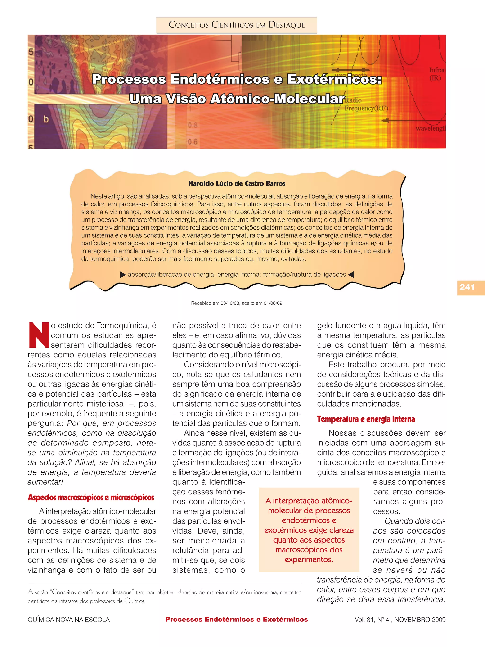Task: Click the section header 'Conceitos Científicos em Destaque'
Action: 237,25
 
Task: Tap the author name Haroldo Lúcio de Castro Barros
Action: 237,183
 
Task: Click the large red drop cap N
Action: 39,335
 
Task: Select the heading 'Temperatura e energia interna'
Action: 366,419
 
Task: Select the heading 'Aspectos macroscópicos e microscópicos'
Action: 91,497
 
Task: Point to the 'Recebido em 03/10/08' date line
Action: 237,303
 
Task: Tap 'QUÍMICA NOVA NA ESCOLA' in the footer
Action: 69,620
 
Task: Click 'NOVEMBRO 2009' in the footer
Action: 420,620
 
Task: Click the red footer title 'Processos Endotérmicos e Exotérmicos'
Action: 237,619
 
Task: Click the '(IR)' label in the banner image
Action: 435,78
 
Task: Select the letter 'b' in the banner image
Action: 46,119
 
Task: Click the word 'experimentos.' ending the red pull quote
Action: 309,560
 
